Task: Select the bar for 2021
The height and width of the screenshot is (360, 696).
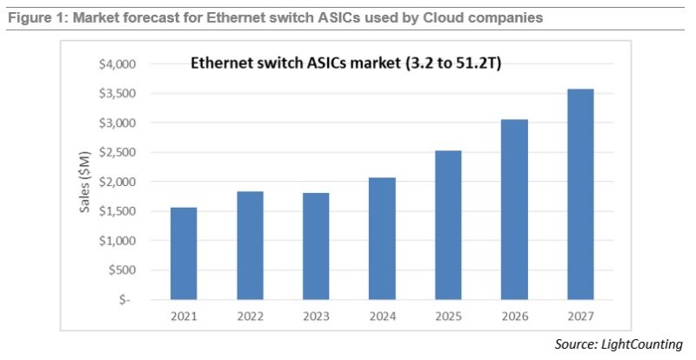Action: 183,253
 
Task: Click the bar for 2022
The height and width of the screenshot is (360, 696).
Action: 250,245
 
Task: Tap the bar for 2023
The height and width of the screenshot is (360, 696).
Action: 317,246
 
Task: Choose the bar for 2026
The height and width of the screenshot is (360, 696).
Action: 515,209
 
